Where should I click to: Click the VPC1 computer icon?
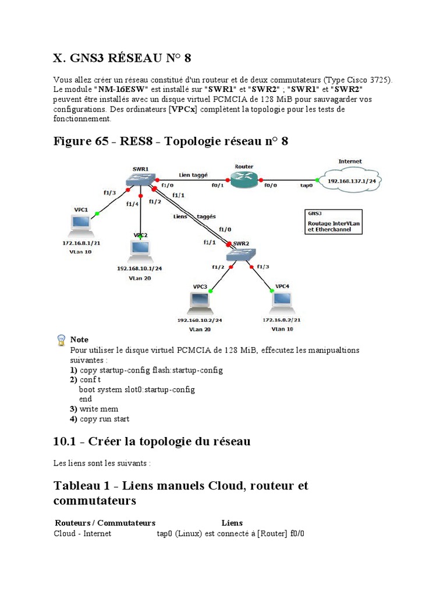80,223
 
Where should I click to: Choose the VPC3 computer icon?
200,301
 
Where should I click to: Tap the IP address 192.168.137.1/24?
351,180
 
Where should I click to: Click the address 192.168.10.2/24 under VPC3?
199,320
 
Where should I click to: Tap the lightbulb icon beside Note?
61,340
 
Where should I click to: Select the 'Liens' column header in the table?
232,522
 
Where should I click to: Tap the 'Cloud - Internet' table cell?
83,533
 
